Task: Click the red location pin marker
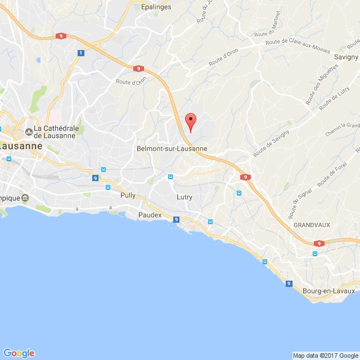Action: click(191, 121)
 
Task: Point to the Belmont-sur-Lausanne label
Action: click(172, 148)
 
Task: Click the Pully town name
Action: click(128, 195)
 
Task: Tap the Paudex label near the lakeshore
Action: click(150, 215)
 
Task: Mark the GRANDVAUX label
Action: click(311, 224)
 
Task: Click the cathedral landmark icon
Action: click(28, 132)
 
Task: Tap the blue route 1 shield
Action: click(81, 53)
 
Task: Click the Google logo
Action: click(18, 353)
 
